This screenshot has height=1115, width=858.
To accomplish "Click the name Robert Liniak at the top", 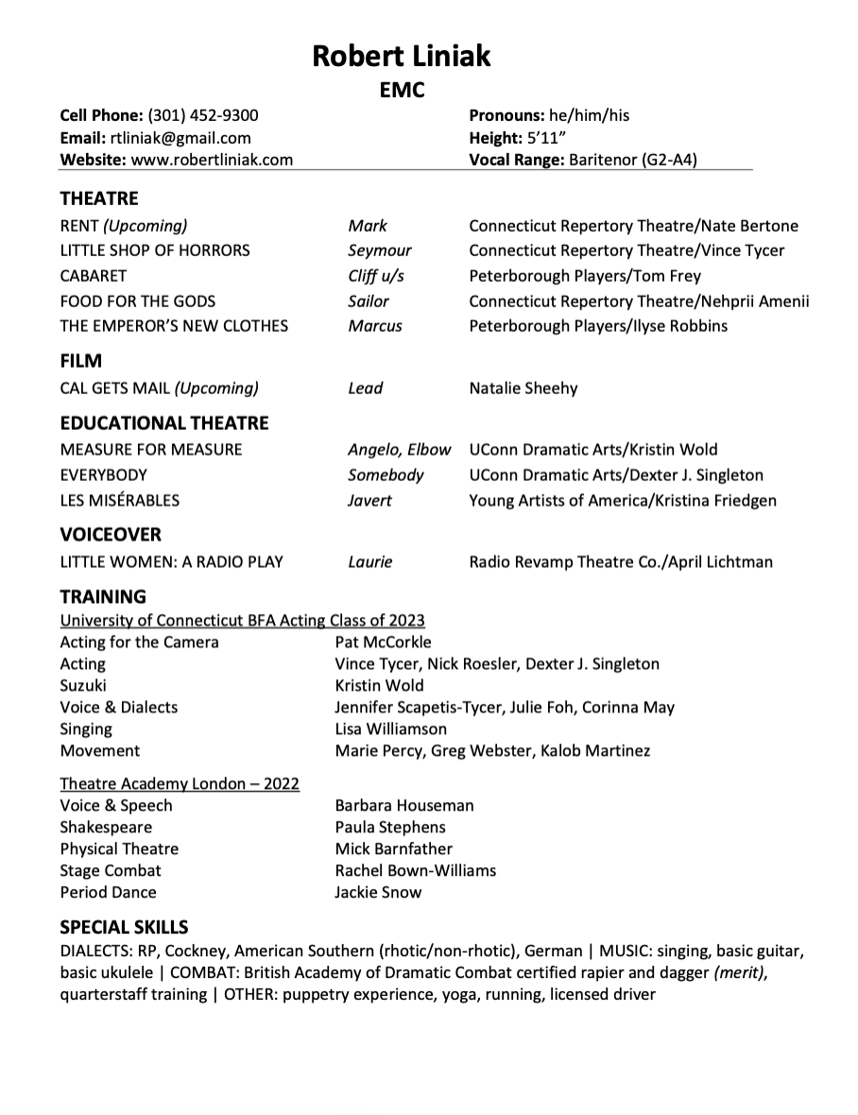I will [402, 56].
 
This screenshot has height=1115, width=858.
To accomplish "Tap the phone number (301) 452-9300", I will [203, 115].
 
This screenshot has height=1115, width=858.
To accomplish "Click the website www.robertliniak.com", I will [212, 160].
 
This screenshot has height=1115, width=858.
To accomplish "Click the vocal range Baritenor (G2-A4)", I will [632, 160].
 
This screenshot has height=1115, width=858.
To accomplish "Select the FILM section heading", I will [80, 361].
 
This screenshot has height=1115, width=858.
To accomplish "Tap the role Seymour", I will [379, 250].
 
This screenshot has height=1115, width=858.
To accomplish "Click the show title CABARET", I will [93, 276].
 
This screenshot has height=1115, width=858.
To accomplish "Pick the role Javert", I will [369, 500].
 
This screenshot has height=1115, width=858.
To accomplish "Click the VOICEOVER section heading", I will [111, 535].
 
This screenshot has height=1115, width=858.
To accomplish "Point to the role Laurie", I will [369, 562].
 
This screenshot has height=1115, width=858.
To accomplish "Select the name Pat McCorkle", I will [383, 643].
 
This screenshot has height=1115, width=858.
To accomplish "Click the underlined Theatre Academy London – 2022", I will [180, 783].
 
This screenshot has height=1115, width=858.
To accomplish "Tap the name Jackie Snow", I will [378, 892].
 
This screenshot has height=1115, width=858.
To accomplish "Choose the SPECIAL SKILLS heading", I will [124, 927].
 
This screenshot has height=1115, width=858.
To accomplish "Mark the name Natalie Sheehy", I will [523, 388].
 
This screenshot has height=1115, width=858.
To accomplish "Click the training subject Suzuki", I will [83, 685].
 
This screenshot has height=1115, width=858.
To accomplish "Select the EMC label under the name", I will [402, 91].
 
